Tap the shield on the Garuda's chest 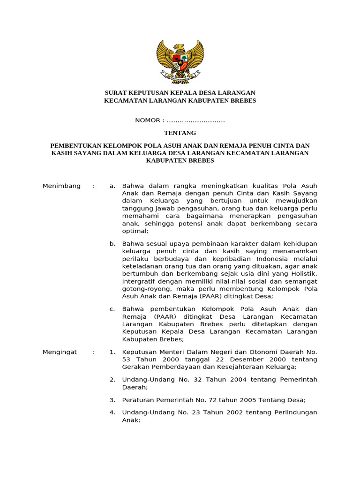(180, 60)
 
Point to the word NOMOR (147, 120)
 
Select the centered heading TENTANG (180, 133)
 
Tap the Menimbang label (61, 186)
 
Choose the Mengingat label (60, 352)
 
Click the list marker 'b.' (112, 244)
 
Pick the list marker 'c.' (112, 309)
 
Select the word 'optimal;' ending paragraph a (135, 231)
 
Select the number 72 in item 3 (204, 400)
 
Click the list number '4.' (112, 412)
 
